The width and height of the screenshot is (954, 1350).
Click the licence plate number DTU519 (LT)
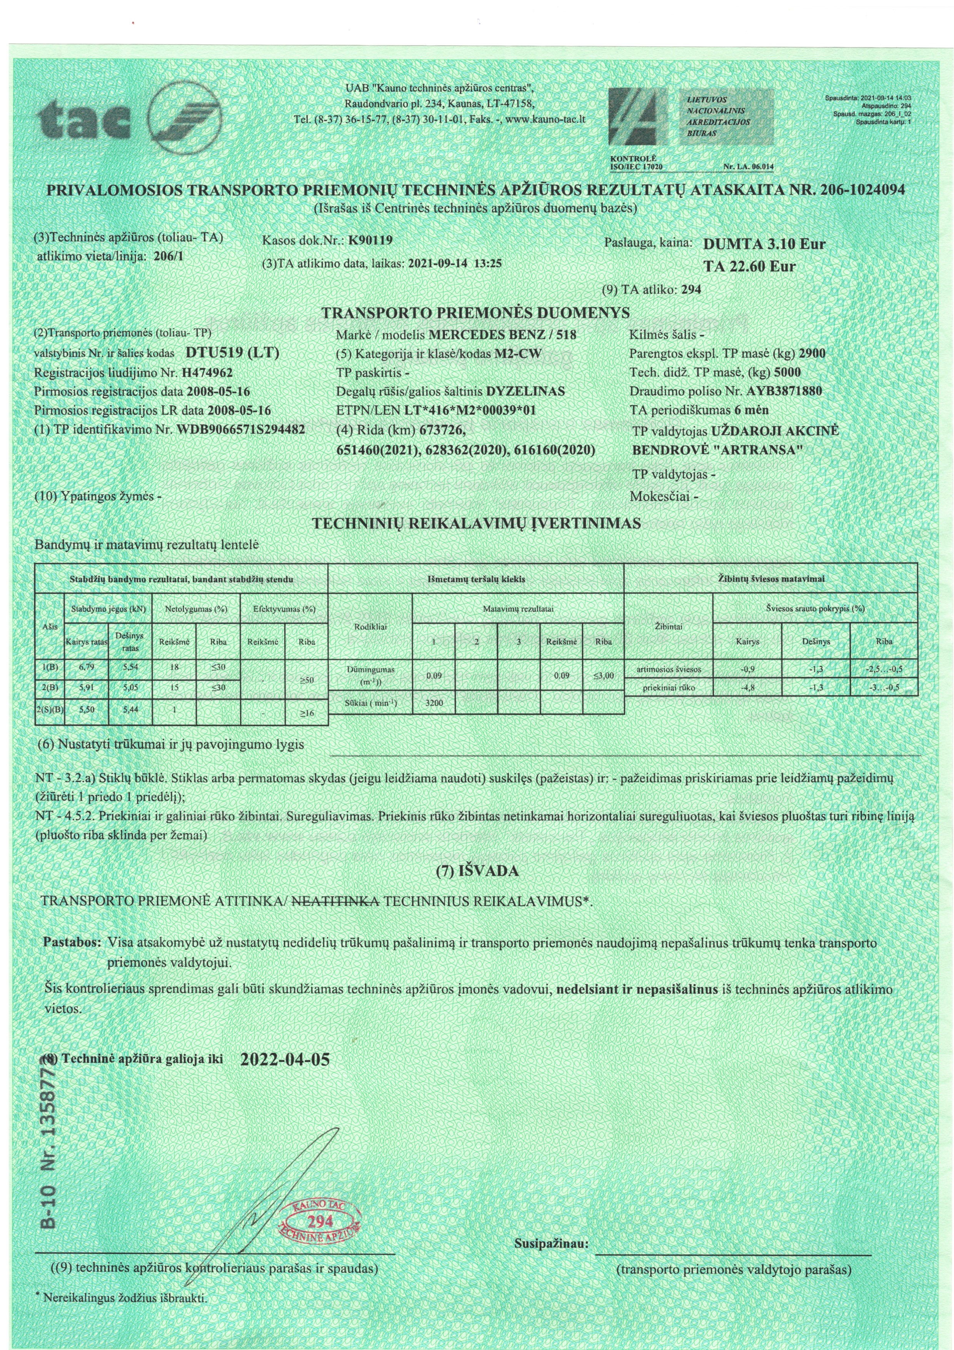coord(232,353)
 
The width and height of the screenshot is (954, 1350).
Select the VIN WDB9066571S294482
coord(240,429)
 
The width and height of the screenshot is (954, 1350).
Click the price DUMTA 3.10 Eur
coord(764,244)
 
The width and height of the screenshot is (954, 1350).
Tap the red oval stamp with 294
coord(320,1220)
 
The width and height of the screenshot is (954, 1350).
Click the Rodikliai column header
coord(370,627)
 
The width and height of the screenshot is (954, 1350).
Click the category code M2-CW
coord(518,353)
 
